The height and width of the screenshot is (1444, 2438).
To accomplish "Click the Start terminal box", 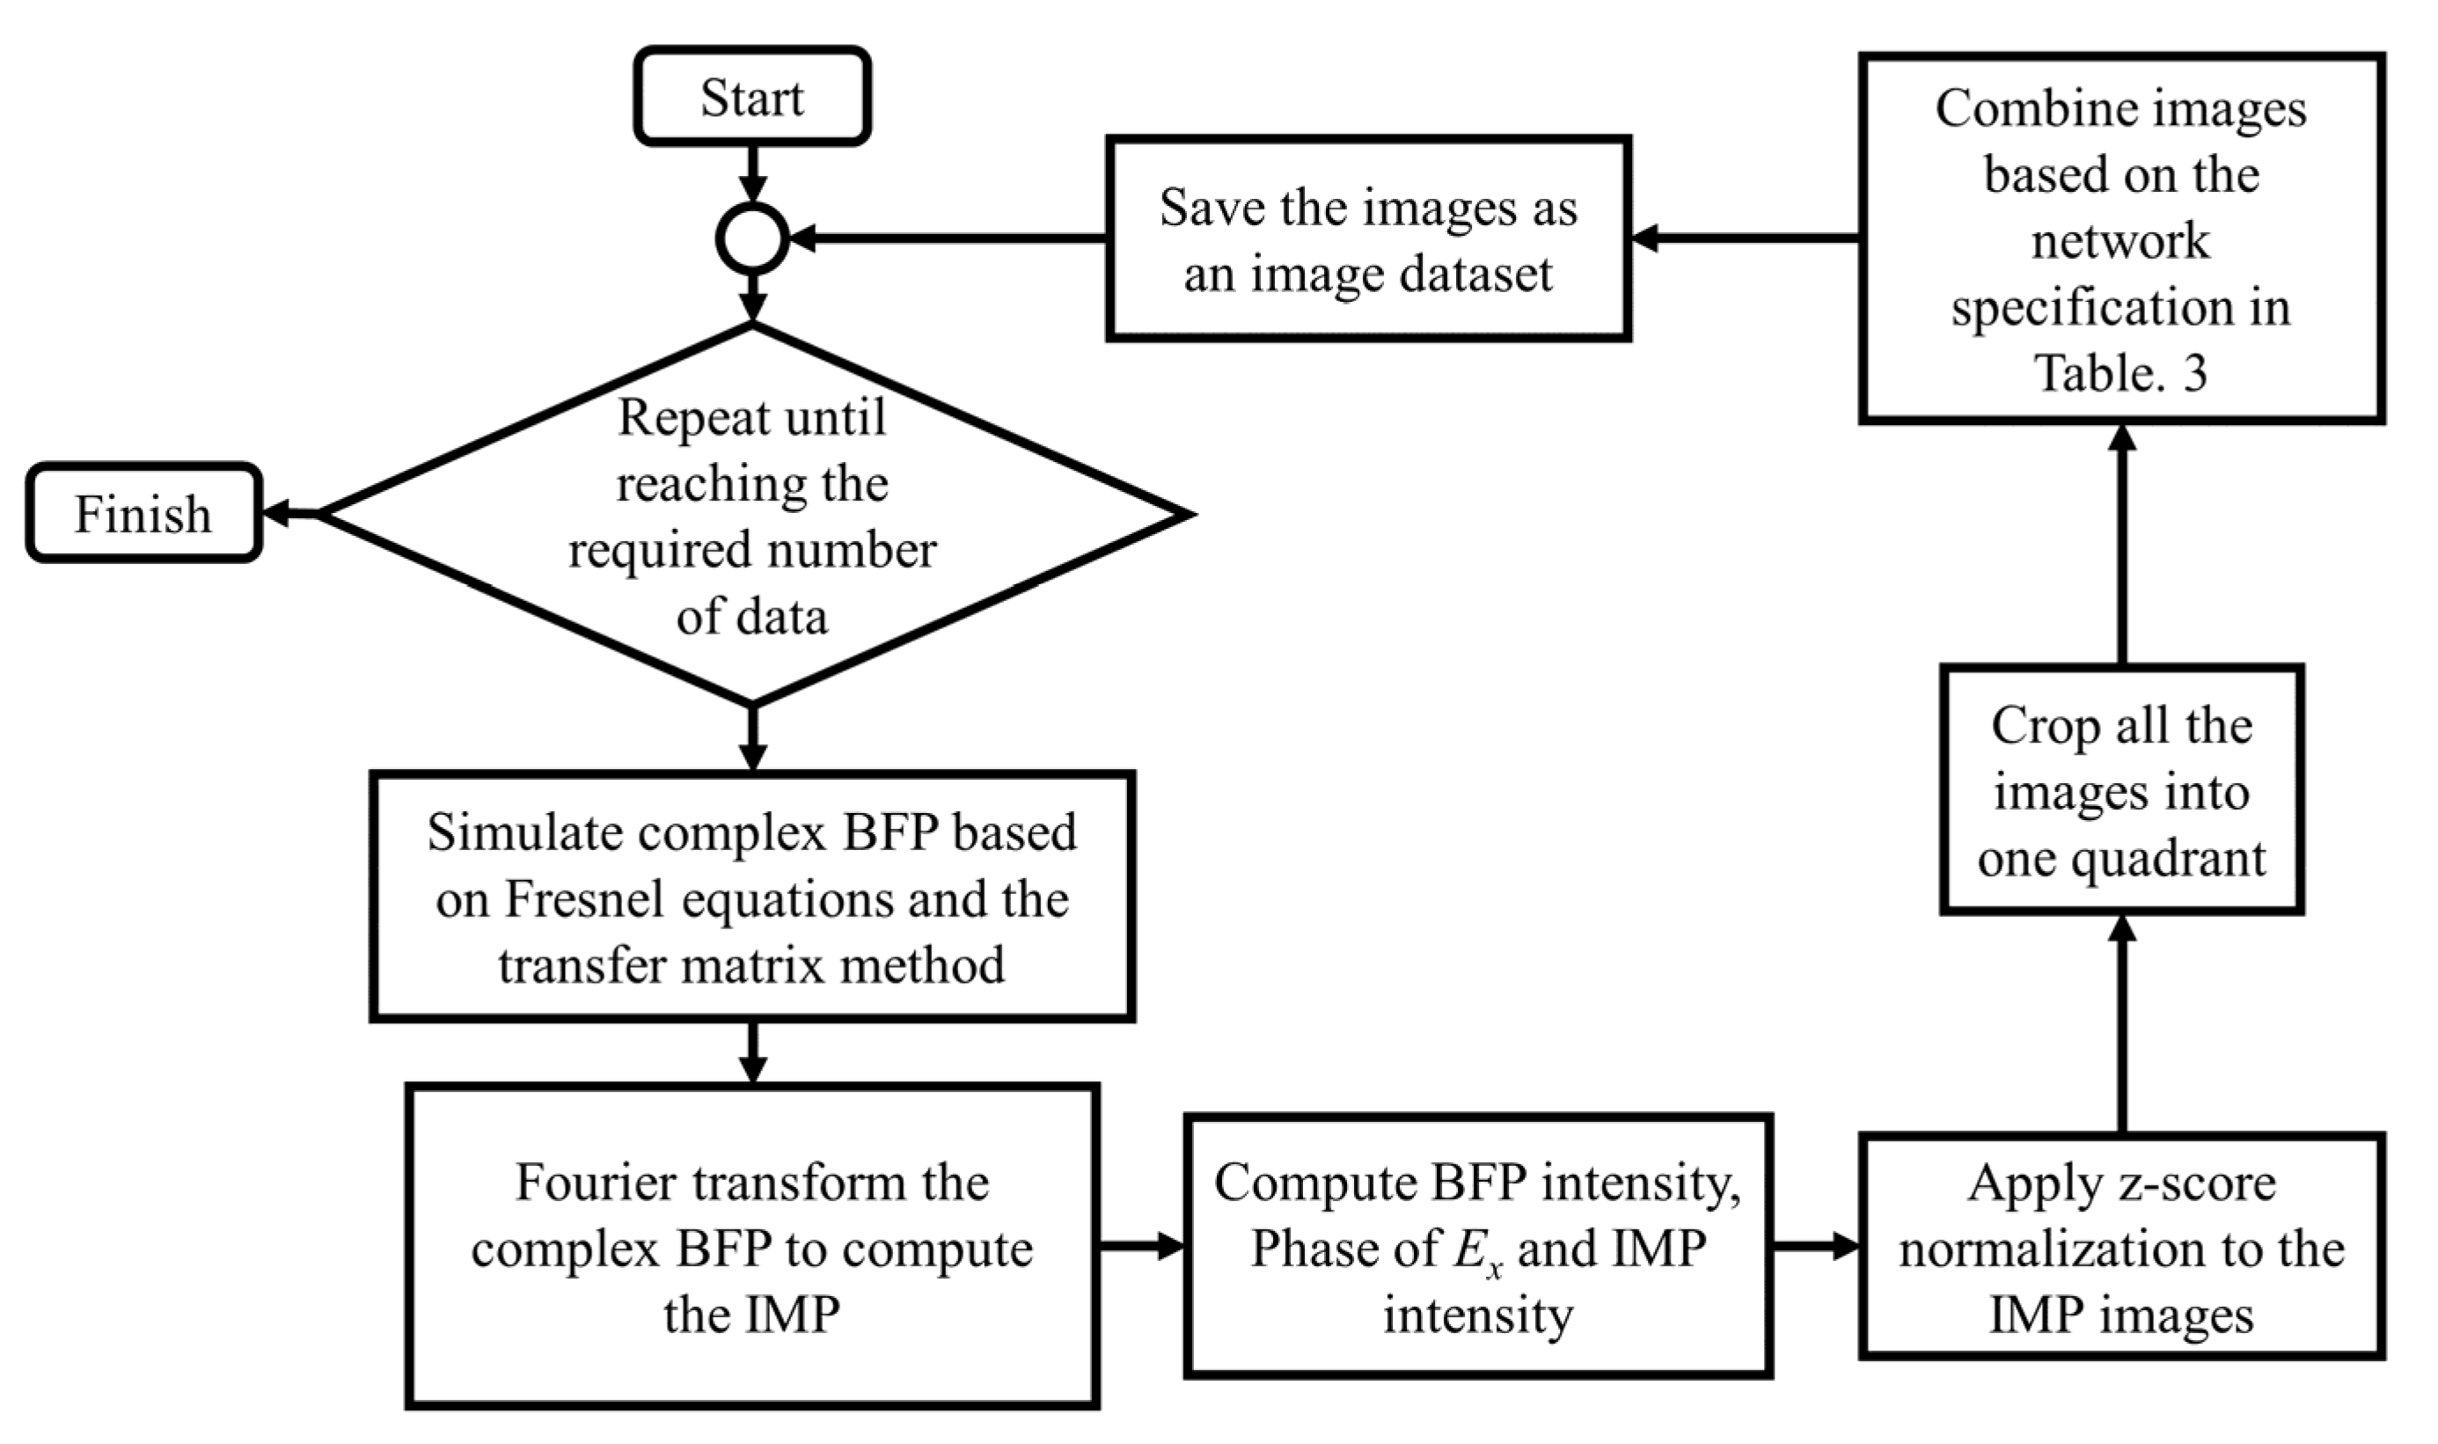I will point(751,96).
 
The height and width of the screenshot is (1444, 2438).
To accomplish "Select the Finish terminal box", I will point(143,513).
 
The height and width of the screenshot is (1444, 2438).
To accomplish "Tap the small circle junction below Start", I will point(752,238).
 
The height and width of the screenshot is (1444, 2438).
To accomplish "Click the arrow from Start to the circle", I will point(752,172).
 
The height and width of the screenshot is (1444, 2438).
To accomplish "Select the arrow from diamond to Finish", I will point(290,513).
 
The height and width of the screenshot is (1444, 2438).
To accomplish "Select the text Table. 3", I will point(2121,373).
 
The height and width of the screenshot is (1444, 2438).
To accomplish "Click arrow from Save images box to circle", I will point(948,238).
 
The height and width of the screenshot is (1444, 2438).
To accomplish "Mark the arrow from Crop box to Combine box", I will point(2122,545).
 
